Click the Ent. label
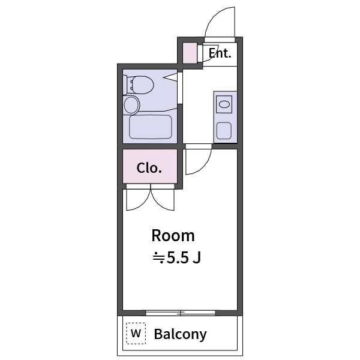220,53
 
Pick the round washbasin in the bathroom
131,106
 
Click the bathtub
151,127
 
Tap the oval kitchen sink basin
224,104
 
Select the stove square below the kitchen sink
224,130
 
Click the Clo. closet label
149,168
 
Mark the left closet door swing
137,200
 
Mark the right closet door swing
163,199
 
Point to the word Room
173,235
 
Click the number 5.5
178,258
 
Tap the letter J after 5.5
197,258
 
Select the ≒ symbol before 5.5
158,258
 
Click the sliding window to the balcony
181,313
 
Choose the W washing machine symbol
136,334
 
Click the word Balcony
180,334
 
